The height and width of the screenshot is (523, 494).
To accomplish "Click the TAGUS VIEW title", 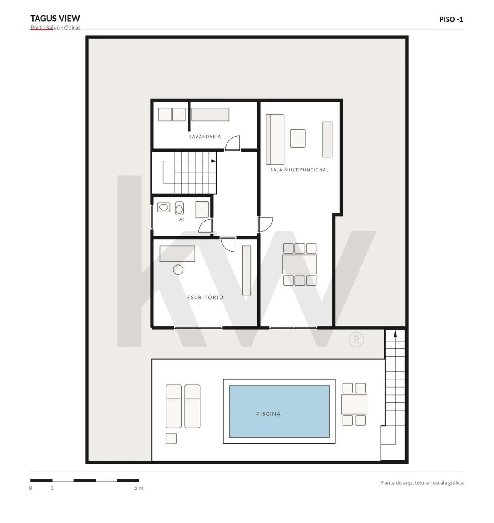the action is [x=55, y=19].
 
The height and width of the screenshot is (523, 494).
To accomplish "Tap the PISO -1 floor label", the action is [x=451, y=19].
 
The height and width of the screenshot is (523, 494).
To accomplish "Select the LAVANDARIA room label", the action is [x=205, y=136].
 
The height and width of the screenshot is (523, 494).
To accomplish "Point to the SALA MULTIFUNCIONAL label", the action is [x=299, y=170].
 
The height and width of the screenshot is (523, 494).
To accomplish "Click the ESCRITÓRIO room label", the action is [x=205, y=297].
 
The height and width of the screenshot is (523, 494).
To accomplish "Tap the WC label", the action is [x=181, y=220].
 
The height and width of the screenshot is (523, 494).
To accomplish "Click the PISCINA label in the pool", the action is [x=268, y=414].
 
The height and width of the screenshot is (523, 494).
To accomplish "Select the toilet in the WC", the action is [x=179, y=208].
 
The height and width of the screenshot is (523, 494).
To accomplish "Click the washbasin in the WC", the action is [x=164, y=207].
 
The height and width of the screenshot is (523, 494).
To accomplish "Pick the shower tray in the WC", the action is [x=202, y=210].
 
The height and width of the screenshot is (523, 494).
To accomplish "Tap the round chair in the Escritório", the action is [x=178, y=270].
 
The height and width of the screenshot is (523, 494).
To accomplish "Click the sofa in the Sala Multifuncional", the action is [x=275, y=139].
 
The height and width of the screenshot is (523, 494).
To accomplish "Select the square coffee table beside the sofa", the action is [x=298, y=139].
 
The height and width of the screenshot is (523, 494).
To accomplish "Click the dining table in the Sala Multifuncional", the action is [x=299, y=264].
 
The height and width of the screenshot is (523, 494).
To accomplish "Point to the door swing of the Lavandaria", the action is [x=232, y=143].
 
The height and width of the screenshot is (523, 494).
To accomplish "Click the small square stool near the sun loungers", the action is [x=171, y=439].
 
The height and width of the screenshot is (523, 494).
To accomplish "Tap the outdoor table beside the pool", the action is [x=354, y=404].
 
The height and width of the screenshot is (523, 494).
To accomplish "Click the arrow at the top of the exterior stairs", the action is [x=395, y=334].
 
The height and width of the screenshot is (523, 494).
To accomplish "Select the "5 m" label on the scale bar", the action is [x=139, y=488].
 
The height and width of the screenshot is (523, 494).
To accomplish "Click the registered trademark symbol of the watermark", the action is [x=356, y=340].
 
